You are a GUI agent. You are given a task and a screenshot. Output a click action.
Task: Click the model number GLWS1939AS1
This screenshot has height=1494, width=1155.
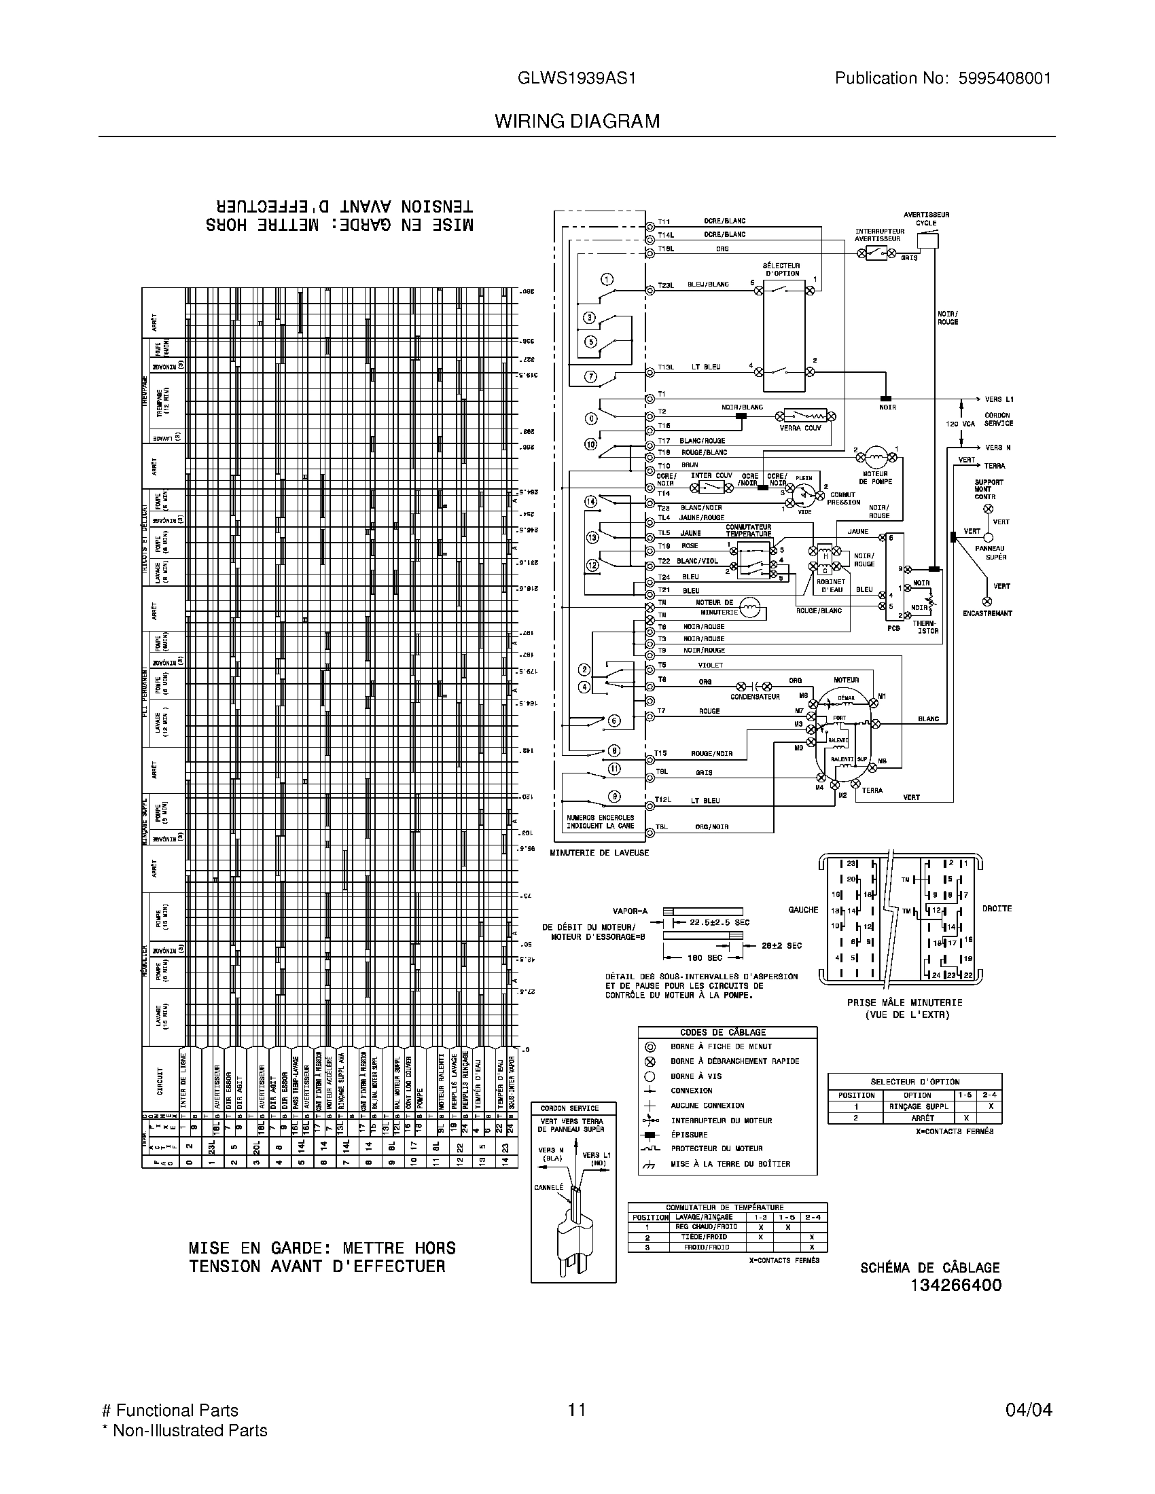pos(577,79)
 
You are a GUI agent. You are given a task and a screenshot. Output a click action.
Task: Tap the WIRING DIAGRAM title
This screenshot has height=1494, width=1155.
pos(577,122)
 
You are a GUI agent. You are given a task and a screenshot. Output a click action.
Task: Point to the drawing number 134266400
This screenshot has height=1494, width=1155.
pos(955,1285)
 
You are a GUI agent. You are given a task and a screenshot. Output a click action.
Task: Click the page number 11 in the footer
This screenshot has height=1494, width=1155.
pos(577,1410)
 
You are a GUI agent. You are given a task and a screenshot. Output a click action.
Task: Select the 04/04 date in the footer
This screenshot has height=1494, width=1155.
pos(1029,1410)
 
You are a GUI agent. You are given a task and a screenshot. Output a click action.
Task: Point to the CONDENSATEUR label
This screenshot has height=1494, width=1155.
pos(755,697)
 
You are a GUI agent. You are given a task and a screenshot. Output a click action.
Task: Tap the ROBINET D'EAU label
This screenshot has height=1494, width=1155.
pos(832,585)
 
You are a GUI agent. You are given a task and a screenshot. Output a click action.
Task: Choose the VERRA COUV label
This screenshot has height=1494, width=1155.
pos(800,429)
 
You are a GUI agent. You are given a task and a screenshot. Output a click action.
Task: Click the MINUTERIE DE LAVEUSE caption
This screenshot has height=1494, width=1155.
pos(599,853)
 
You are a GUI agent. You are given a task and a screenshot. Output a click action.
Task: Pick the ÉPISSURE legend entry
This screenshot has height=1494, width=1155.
pos(689,1134)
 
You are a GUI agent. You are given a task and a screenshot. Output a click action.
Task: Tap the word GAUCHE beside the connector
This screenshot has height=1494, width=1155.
pos(803,910)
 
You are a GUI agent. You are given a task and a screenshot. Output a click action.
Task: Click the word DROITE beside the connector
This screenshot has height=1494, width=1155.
pos(997,909)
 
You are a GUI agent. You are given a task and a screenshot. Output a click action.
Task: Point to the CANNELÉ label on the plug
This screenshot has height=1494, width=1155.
pos(549,1187)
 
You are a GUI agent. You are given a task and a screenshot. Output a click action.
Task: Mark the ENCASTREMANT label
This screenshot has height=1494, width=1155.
pos(987,613)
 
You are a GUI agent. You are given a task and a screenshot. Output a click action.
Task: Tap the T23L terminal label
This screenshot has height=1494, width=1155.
pos(666,285)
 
